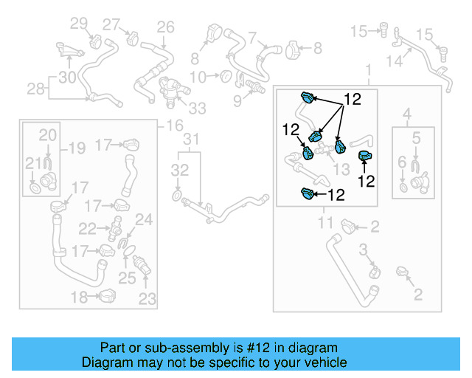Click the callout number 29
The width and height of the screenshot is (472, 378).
point(78,25)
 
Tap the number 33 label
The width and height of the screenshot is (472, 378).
point(198,109)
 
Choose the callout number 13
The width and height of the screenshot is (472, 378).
point(341,169)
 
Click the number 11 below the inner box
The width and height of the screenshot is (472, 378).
point(326,222)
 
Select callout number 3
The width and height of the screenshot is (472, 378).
point(363,252)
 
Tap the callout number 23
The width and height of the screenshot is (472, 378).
point(147,299)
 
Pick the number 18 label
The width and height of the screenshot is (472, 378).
point(79,298)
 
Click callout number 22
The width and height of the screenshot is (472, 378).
point(87,228)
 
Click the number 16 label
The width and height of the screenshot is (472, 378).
point(174,126)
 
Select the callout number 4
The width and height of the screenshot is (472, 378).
point(406,113)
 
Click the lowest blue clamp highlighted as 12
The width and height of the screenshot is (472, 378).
point(308,194)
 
